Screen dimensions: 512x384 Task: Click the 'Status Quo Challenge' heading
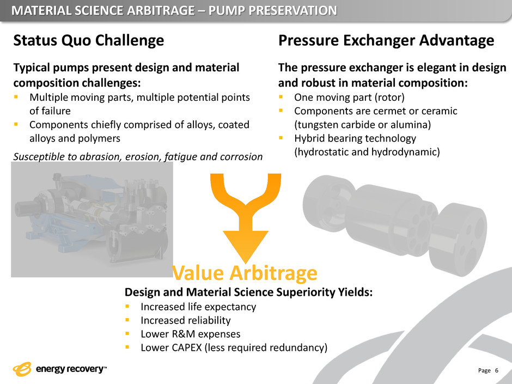pyautogui.click(x=88, y=41)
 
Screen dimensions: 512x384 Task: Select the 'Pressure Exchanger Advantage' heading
pyautogui.click(x=386, y=41)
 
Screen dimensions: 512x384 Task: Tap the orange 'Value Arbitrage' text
pyautogui.click(x=245, y=273)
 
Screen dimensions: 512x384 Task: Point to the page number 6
pyautogui.click(x=497, y=370)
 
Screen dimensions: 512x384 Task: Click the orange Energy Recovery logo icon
pyautogui.click(x=22, y=369)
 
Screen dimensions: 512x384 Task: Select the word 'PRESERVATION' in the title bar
pyautogui.click(x=293, y=11)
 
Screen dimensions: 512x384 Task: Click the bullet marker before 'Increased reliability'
pyautogui.click(x=127, y=320)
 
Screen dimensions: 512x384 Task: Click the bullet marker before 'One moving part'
pyautogui.click(x=281, y=97)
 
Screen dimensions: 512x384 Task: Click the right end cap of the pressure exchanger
pyautogui.click(x=458, y=239)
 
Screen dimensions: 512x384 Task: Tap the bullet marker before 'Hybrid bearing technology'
pyautogui.click(x=281, y=138)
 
